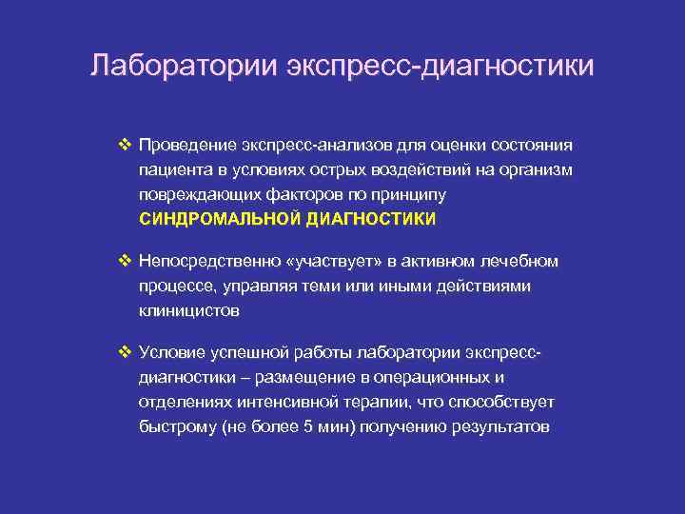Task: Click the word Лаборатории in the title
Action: coord(168,67)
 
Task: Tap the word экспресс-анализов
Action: coord(301,146)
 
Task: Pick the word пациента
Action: coord(172,169)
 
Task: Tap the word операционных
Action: coord(439,378)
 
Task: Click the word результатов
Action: coord(500,425)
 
